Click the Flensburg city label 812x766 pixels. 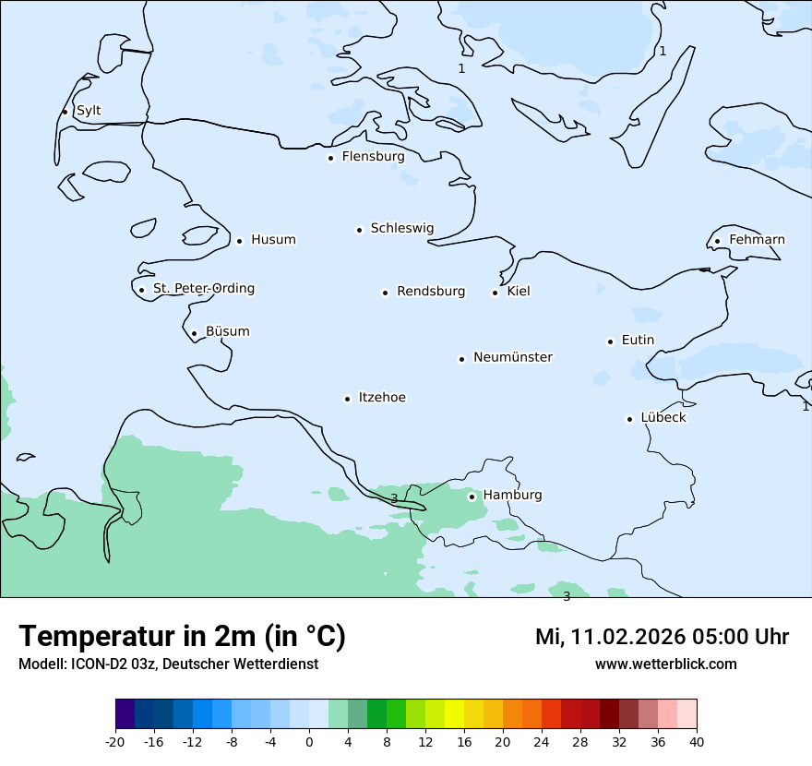pos(373,157)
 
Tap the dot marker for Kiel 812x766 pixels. pos(496,293)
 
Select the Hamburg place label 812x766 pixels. pos(512,496)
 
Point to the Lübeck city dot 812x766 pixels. pos(630,419)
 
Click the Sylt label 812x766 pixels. pos(89,111)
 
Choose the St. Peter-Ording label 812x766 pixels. pos(203,289)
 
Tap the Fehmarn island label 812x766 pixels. pos(757,240)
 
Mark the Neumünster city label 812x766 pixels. pos(513,357)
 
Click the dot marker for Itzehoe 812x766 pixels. pos(348,399)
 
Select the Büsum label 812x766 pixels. pos(227,331)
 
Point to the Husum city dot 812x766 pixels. pos(239,241)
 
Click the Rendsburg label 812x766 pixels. pos(431,292)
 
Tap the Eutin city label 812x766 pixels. pos(638,341)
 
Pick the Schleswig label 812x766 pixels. pos(401,228)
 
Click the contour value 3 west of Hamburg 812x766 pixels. pos(394,498)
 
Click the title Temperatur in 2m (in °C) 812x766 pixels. pos(182,637)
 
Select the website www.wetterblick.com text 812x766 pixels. pos(665,664)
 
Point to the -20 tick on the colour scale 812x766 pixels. pos(115,741)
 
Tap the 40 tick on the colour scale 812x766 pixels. pos(697,741)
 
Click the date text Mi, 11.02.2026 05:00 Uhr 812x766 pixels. pos(662,637)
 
